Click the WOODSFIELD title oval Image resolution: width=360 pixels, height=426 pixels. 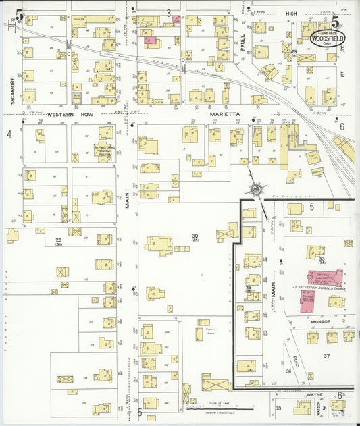327,38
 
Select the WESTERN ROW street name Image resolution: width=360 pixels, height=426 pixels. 65,115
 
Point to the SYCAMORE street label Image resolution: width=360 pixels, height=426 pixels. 12,88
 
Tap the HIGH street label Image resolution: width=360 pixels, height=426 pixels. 291,13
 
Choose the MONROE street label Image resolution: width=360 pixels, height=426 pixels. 320,322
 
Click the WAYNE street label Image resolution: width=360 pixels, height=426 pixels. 315,394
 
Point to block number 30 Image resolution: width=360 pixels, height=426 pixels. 195,235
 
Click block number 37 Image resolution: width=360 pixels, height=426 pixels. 327,355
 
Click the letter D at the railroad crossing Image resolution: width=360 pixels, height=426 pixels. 182,61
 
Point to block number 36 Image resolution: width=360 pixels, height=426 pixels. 289,371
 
